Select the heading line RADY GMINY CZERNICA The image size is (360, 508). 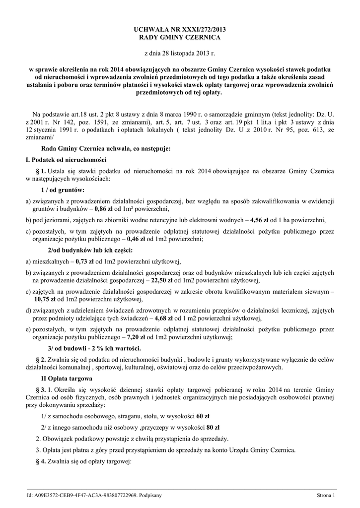coord(179,38)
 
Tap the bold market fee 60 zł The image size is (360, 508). coord(203,416)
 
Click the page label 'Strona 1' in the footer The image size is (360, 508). coord(326,495)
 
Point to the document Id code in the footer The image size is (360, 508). coord(94,495)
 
